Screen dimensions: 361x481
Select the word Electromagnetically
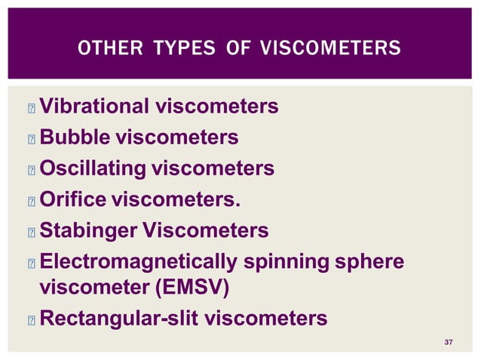(x=139, y=261)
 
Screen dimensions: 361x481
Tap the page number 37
(x=449, y=343)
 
